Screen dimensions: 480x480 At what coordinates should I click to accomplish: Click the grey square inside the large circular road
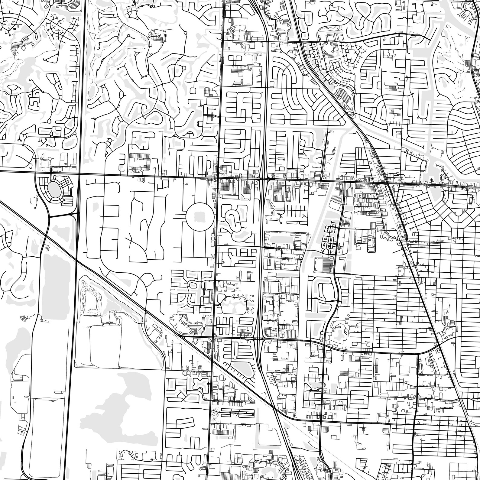pos(199,216)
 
